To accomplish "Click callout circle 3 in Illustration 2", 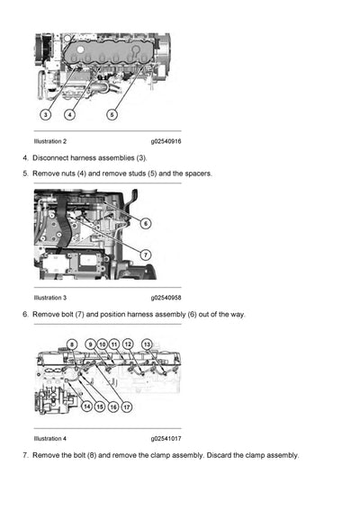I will coord(46,114).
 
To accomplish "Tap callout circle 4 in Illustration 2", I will coord(69,114).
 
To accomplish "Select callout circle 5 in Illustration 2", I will coord(112,114).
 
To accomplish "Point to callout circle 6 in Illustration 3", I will coord(146,222).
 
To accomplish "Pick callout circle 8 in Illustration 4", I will coord(72,345).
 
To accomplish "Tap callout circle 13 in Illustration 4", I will coord(147,345).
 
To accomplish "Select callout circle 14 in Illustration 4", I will coord(86,406).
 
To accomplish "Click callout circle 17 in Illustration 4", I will coord(127,406).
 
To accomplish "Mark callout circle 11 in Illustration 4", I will coord(115,345).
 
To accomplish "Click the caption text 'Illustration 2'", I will coord(49,141).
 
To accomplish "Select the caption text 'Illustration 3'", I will coord(49,297).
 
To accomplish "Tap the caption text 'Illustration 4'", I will coord(49,438).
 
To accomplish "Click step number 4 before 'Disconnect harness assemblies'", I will coord(24,157).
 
